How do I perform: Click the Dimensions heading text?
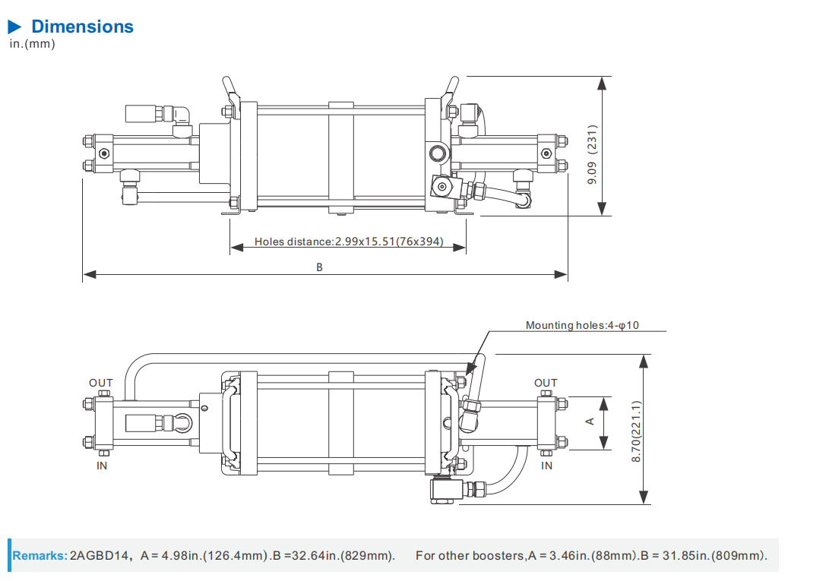coord(82,27)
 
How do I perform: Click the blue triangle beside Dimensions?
coord(15,27)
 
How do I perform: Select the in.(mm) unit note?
coord(32,43)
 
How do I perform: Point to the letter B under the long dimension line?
coord(320,267)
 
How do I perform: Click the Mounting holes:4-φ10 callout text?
coord(582,325)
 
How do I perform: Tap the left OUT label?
coord(100,383)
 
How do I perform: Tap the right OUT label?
coord(546,383)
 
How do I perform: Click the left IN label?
coord(102,466)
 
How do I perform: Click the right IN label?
coord(546,466)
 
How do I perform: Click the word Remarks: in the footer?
coord(40,556)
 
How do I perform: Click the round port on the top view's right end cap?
coord(438,154)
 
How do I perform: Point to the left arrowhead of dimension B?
coord(87,273)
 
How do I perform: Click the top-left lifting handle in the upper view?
coord(230,90)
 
